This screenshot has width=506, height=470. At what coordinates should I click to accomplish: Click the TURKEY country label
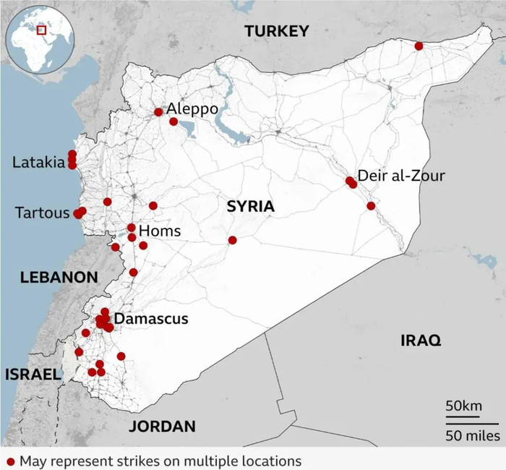click(x=276, y=31)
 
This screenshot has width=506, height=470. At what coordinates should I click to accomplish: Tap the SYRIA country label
click(x=251, y=207)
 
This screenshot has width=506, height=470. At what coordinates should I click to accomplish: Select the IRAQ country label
click(x=420, y=341)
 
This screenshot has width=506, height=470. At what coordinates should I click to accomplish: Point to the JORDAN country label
click(x=162, y=427)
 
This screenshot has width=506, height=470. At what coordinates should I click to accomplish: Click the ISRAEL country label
click(x=31, y=375)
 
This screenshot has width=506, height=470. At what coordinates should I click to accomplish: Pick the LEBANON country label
click(x=59, y=277)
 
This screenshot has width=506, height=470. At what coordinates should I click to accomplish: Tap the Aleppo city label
click(x=192, y=109)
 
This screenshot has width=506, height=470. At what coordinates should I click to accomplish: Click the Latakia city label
click(x=38, y=163)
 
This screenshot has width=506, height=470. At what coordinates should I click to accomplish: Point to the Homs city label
click(x=159, y=231)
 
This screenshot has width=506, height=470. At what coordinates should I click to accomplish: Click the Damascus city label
click(x=151, y=319)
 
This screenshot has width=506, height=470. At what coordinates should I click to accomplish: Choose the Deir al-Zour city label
click(x=401, y=176)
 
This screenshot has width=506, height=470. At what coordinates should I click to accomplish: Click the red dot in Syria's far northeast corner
click(x=419, y=46)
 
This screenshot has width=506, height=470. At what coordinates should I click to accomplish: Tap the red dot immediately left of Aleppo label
click(x=158, y=112)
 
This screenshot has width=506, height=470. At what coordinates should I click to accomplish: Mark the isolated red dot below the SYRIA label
click(x=232, y=240)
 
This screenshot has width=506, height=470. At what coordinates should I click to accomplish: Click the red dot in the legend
click(x=10, y=461)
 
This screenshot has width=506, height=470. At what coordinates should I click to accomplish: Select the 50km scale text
click(x=463, y=406)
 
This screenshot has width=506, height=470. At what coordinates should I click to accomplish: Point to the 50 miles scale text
click(x=472, y=435)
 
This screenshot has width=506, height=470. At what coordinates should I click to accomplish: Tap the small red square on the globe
click(x=42, y=30)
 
